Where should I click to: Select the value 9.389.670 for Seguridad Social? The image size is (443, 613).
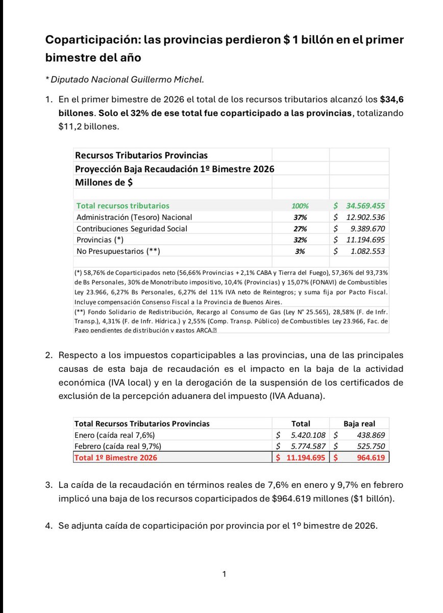[x=364, y=228]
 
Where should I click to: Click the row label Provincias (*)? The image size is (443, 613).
[x=100, y=240]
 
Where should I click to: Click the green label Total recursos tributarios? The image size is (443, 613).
[x=122, y=206]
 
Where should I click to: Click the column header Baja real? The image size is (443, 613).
[x=359, y=423]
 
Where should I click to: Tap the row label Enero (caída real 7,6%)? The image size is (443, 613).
[x=114, y=435]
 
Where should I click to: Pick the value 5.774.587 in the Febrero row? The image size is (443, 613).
[x=305, y=446]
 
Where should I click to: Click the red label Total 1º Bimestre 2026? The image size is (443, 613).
[x=116, y=458]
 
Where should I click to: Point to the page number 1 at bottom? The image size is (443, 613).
[x=224, y=575]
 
